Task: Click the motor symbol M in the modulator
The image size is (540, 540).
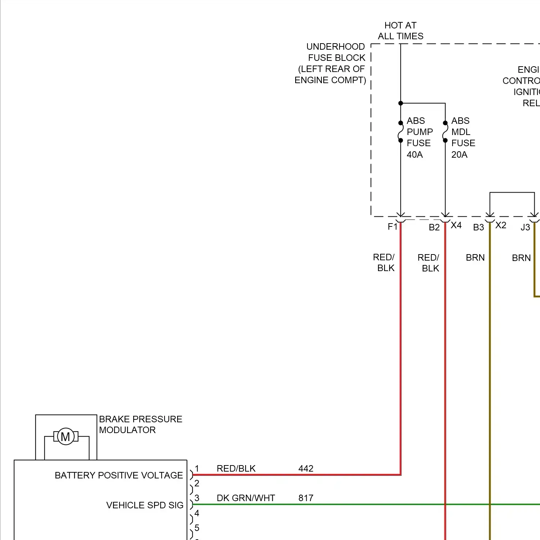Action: pyautogui.click(x=66, y=437)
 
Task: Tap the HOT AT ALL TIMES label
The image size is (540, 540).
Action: pyautogui.click(x=400, y=31)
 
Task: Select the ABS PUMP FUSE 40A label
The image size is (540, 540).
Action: pyautogui.click(x=419, y=138)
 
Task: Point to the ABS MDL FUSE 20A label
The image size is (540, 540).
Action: pyautogui.click(x=463, y=138)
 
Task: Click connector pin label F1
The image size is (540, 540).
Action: pyautogui.click(x=392, y=227)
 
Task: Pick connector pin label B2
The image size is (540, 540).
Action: pyautogui.click(x=434, y=228)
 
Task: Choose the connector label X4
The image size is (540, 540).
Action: pyautogui.click(x=456, y=225)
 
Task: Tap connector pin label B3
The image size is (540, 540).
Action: pyautogui.click(x=478, y=228)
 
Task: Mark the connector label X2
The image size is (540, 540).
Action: pyautogui.click(x=501, y=225)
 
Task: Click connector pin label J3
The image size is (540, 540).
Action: pyautogui.click(x=525, y=228)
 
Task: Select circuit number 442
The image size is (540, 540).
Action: pyautogui.click(x=306, y=468)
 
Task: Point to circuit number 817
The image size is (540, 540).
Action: pyautogui.click(x=306, y=498)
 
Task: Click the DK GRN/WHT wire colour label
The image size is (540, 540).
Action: pyautogui.click(x=246, y=498)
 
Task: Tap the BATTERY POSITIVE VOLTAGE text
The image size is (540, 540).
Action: pyautogui.click(x=119, y=475)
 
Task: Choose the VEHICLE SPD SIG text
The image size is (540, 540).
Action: pyautogui.click(x=145, y=505)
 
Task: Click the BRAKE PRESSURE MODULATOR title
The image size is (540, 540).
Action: pyautogui.click(x=140, y=424)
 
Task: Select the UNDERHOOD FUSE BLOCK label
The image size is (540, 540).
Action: pyautogui.click(x=330, y=63)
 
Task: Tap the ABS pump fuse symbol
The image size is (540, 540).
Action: pyautogui.click(x=401, y=132)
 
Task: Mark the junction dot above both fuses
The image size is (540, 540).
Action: pyautogui.click(x=401, y=103)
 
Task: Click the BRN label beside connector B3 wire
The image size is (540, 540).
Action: pyautogui.click(x=475, y=258)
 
